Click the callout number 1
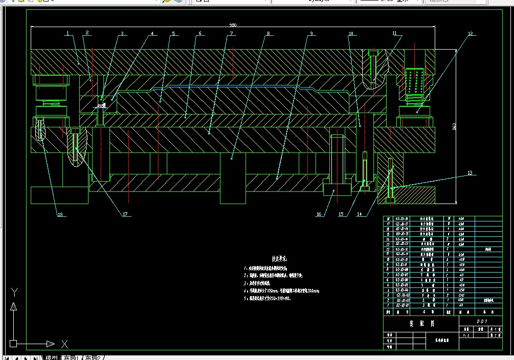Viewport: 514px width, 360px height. coord(67,34)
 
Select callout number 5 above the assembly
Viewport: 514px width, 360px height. coord(173,34)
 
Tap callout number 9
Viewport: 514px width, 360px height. coord(311,34)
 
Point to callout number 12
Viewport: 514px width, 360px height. coord(470,34)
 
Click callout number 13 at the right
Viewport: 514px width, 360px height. coord(470,173)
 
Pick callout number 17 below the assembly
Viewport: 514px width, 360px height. coord(125,214)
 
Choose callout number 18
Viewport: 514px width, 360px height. coord(60,214)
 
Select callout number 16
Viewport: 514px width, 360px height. coord(319,214)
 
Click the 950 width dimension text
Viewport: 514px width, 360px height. coord(233,25)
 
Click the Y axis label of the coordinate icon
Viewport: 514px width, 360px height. coord(15,292)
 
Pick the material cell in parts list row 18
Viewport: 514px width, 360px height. coord(462,219)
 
